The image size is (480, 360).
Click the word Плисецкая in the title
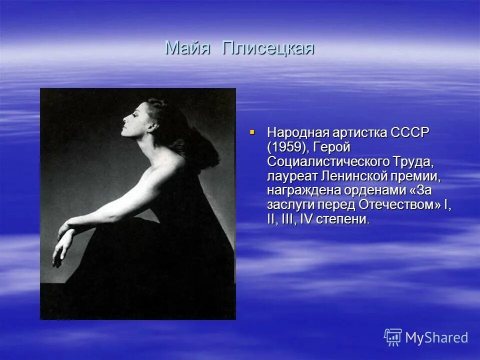tap(268, 48)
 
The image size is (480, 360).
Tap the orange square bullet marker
tap(252, 132)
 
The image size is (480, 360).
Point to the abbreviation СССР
tap(410, 133)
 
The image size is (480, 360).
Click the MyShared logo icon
tap(392, 337)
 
